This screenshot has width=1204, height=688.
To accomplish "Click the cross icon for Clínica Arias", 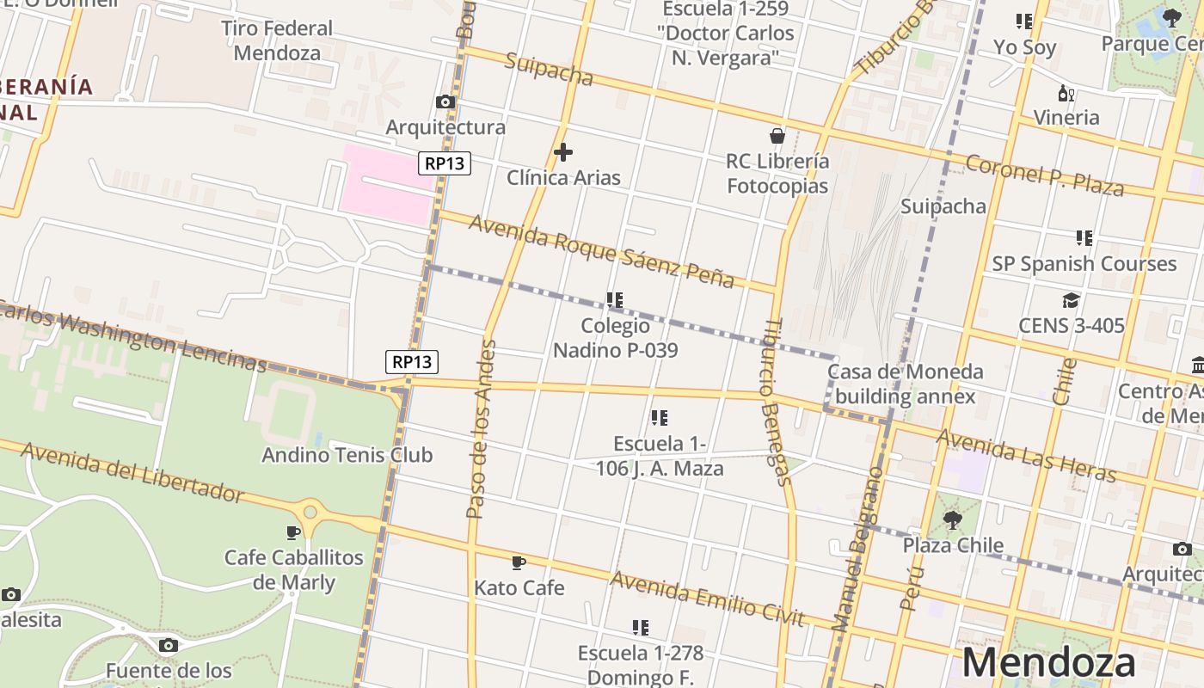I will [x=563, y=152].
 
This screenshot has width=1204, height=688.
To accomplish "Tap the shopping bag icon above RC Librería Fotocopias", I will [x=777, y=136].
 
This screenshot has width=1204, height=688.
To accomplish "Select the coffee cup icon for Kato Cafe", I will [x=519, y=562].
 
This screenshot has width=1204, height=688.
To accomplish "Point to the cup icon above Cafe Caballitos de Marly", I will [x=294, y=532].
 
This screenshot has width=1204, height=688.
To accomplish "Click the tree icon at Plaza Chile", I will [x=952, y=519].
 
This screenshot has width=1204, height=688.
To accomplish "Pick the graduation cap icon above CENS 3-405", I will [x=1071, y=300].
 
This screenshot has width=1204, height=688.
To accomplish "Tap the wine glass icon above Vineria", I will [x=1066, y=93].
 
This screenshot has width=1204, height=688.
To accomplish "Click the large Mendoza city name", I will [x=1048, y=663].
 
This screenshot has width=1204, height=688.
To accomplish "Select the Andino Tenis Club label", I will [x=347, y=455].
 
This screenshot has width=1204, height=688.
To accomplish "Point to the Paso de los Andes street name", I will [x=481, y=429].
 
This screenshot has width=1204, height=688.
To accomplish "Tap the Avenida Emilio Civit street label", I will [x=707, y=599].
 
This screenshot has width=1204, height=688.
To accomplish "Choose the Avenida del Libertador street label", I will [x=132, y=472].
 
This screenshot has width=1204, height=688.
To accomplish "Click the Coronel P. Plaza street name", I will [x=1044, y=175].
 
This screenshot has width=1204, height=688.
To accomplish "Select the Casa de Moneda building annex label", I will [x=905, y=384].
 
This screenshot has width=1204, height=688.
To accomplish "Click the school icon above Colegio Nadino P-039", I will [x=614, y=300].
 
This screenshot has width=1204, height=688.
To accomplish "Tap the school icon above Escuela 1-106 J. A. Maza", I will [x=660, y=418].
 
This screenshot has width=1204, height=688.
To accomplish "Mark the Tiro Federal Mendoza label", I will [x=277, y=40].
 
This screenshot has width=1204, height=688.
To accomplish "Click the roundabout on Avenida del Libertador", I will [x=310, y=513].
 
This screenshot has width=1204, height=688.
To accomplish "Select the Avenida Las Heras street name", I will [x=1025, y=457].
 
